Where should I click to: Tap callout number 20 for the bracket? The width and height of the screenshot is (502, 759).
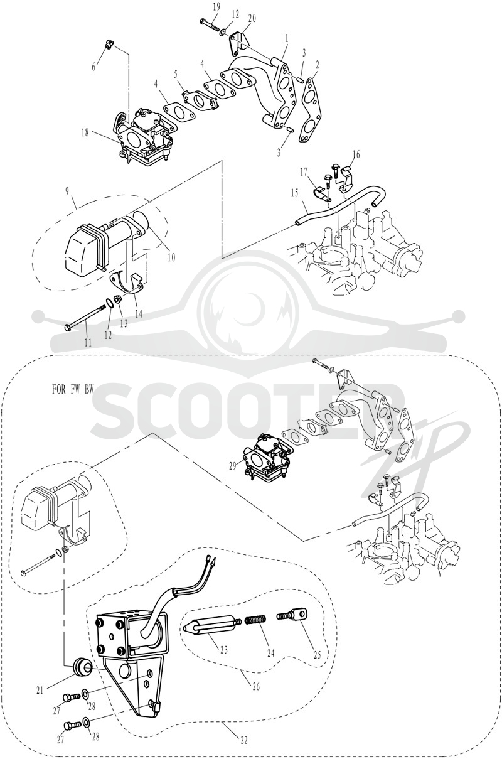252,19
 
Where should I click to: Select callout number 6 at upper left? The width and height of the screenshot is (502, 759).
94,67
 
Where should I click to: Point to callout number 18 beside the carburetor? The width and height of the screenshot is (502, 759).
85,133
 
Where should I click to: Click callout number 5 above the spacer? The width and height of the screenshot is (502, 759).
176,75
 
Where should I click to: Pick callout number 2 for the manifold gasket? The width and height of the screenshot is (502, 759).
316,66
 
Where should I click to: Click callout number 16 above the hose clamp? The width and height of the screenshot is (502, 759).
356,154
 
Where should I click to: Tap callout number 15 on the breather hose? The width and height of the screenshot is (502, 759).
294,193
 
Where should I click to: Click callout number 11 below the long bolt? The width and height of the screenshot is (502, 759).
88,343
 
